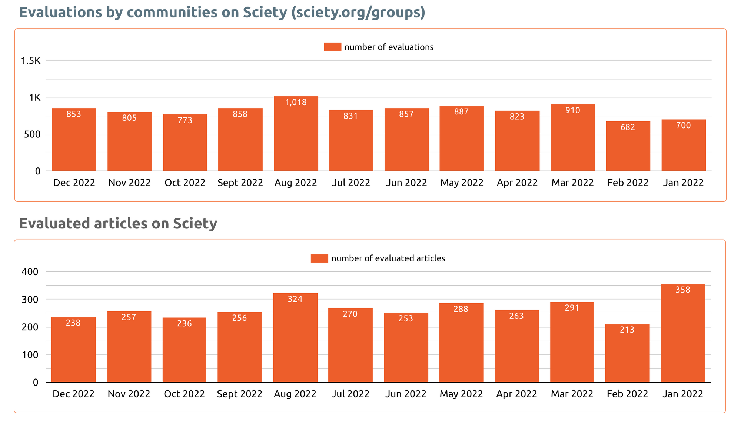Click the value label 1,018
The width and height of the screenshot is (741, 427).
pyautogui.click(x=296, y=103)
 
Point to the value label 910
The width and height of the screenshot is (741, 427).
pyautogui.click(x=572, y=110)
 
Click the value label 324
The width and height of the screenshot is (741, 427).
pyautogui.click(x=295, y=299)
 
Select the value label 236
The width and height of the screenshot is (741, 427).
pyautogui.click(x=184, y=324)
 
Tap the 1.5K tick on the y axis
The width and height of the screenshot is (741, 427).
pyautogui.click(x=31, y=61)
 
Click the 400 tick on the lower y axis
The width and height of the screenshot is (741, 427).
pyautogui.click(x=30, y=272)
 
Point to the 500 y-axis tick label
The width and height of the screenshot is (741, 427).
pyautogui.click(x=32, y=134)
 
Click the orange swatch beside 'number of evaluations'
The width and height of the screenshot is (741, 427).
pyautogui.click(x=332, y=47)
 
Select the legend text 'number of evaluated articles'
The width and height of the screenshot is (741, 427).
pyautogui.click(x=388, y=258)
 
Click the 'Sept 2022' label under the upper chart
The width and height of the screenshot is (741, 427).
pyautogui.click(x=240, y=183)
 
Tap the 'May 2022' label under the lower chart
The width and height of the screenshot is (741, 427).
pyautogui.click(x=461, y=394)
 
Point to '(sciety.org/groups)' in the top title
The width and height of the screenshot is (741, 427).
pyautogui.click(x=358, y=12)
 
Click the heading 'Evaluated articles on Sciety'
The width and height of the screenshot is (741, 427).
pyautogui.click(x=118, y=224)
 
